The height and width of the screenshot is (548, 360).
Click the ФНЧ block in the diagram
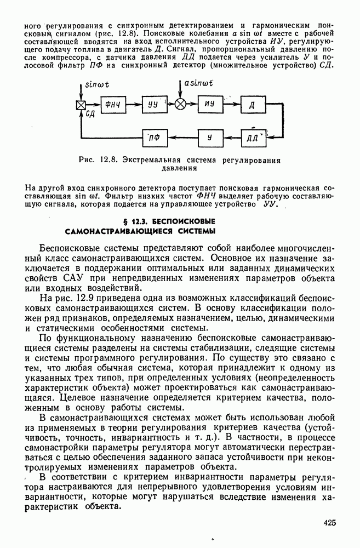pyautogui.click(x=113, y=105)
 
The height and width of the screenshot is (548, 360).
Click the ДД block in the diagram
pyautogui.click(x=253, y=136)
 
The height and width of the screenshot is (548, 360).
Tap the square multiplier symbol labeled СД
pyautogui.click(x=81, y=106)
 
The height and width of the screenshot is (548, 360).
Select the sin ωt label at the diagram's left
pyautogui.click(x=98, y=87)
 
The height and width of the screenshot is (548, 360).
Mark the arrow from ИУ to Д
pyautogui.click(x=231, y=105)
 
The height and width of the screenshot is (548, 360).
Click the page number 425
pyautogui.click(x=329, y=523)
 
